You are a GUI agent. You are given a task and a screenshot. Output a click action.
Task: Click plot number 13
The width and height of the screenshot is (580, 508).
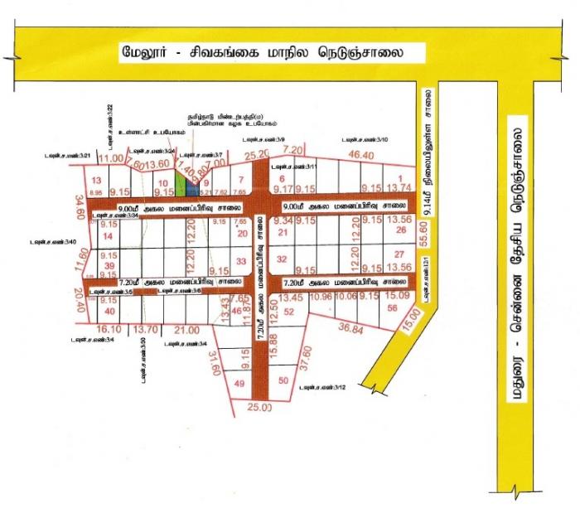96,180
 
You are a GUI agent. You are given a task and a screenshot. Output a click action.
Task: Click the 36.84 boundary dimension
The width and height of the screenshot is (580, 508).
352,329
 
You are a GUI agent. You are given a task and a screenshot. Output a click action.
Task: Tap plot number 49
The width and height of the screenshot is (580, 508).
239,384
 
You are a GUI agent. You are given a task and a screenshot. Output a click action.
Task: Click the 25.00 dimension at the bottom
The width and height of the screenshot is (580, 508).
259,407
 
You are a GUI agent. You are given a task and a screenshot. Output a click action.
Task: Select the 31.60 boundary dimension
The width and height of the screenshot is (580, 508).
214,361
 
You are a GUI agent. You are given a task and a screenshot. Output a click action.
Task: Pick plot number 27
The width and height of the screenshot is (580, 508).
399,254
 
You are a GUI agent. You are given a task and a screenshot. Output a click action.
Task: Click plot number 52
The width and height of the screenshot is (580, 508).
290,312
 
